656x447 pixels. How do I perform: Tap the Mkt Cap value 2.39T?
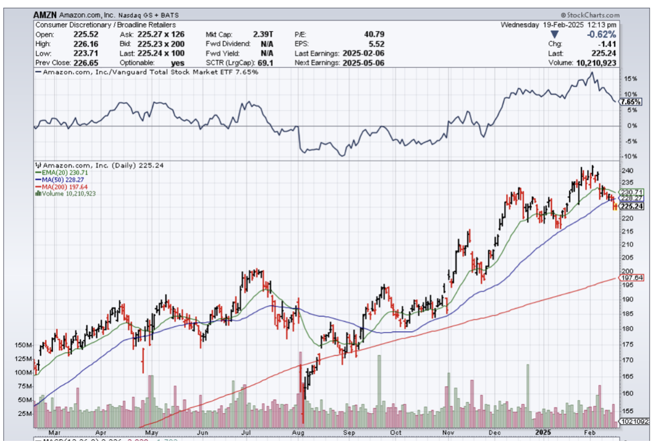262,34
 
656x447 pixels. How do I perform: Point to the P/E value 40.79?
373,34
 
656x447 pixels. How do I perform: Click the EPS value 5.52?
376,43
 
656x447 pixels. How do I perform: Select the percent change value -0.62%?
605,34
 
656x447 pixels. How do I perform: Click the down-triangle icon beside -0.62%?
554,34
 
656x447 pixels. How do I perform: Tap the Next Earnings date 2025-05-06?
363,63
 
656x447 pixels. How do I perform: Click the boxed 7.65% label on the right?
630,102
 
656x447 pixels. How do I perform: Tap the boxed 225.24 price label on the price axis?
631,206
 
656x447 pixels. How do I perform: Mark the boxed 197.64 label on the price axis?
631,277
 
